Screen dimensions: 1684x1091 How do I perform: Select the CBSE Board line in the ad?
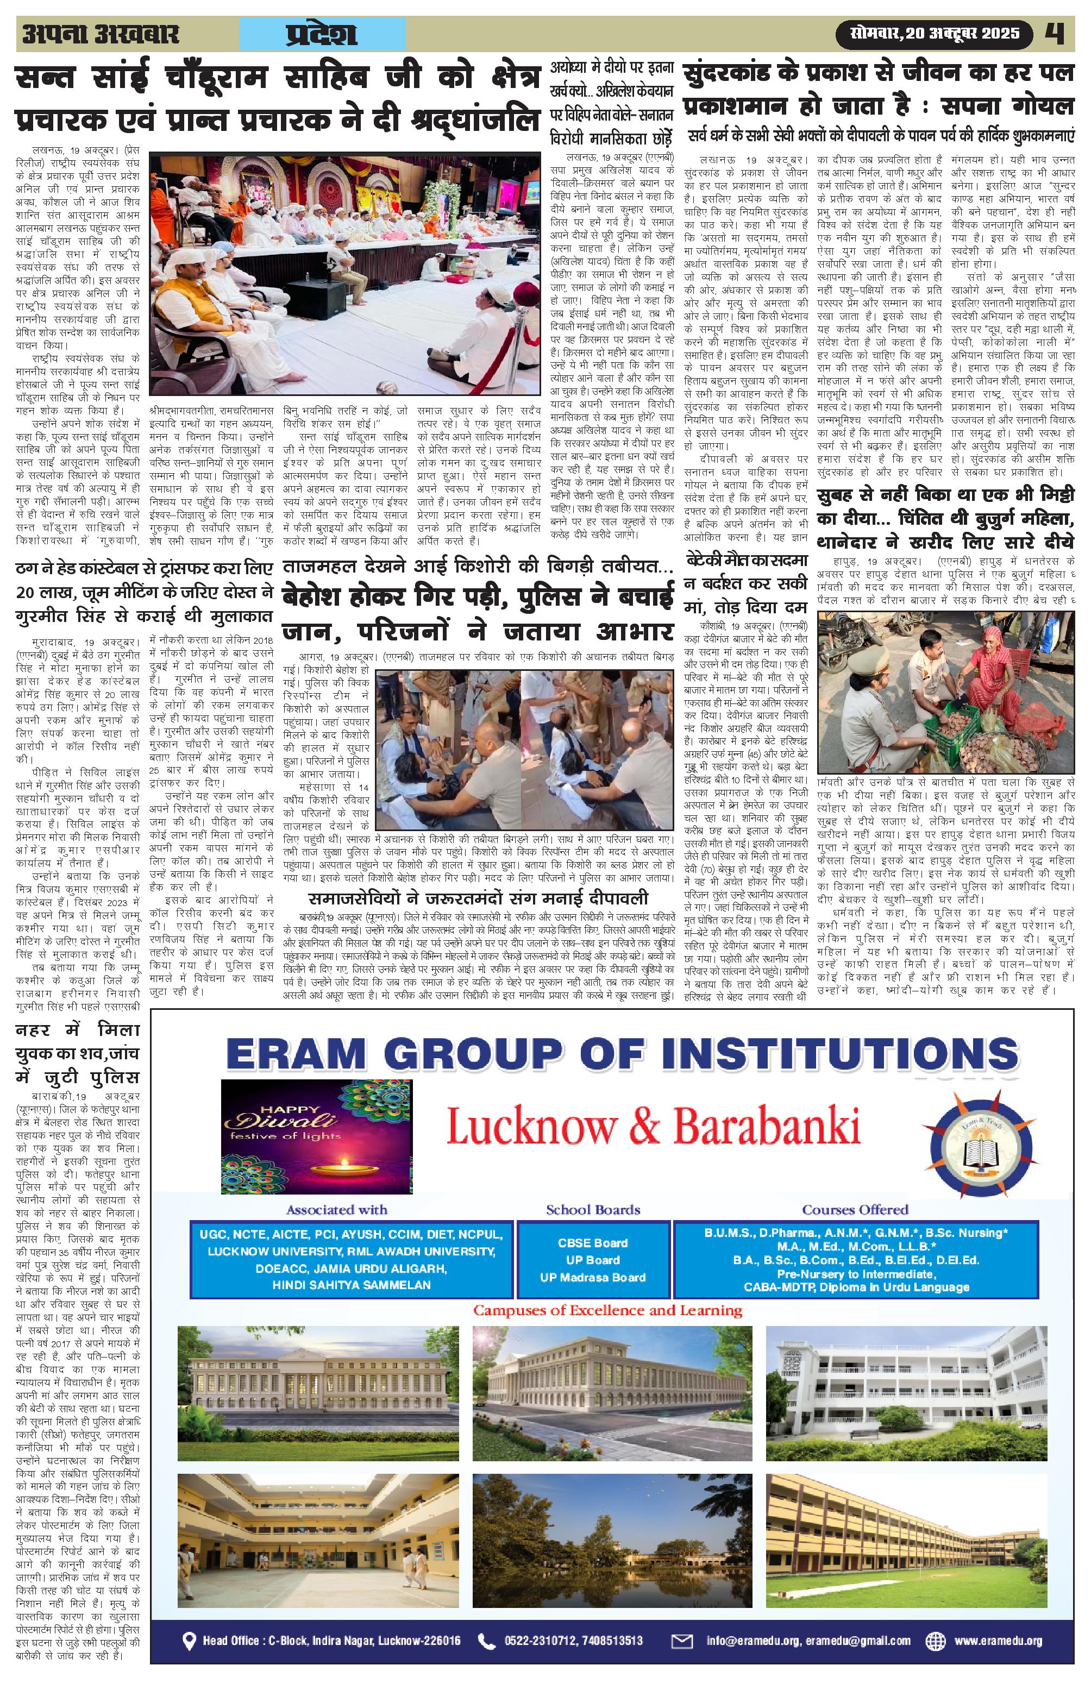click(x=592, y=1242)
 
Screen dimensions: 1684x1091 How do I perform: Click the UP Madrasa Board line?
click(x=592, y=1277)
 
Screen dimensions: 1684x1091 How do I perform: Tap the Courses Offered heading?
click(x=855, y=1209)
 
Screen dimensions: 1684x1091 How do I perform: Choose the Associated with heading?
click(x=337, y=1209)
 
